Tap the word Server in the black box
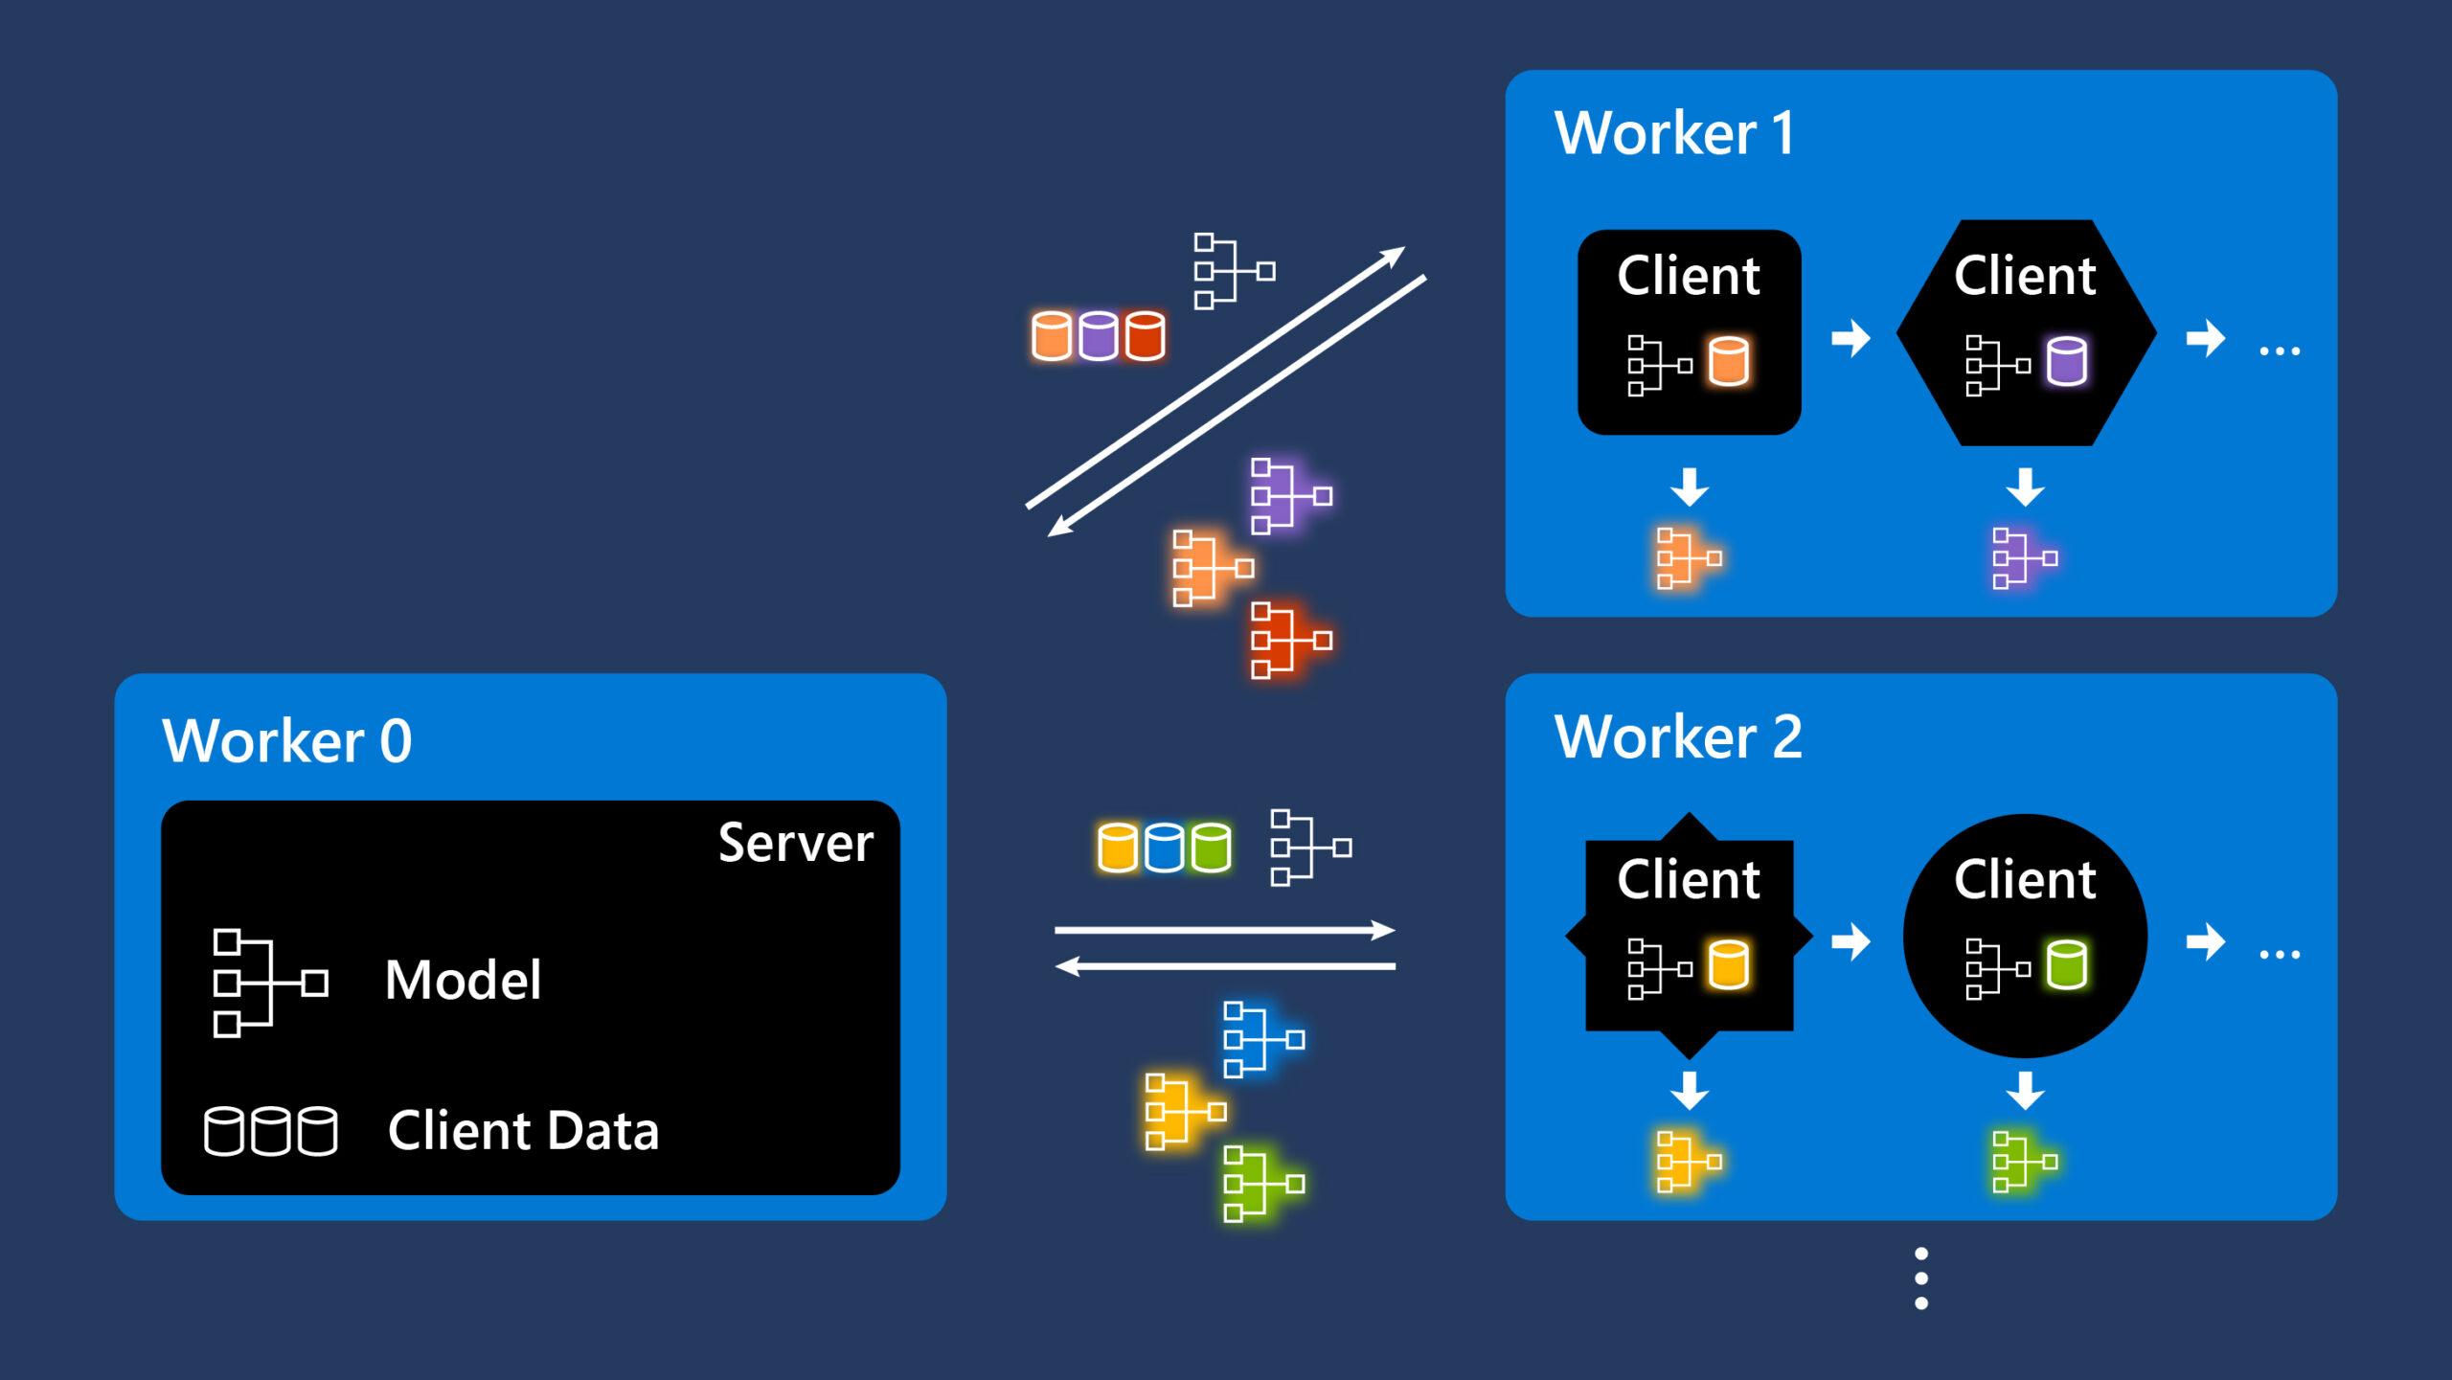click(x=795, y=843)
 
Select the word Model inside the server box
click(x=463, y=980)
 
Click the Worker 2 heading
click(x=1678, y=736)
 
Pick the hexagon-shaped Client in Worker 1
click(x=2025, y=332)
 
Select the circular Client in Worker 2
click(x=2025, y=935)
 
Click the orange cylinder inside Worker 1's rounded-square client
click(x=1729, y=361)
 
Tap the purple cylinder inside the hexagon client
click(x=2066, y=361)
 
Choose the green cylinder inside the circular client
click(x=2066, y=964)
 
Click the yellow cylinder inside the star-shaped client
click(x=1729, y=964)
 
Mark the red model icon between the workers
click(x=1289, y=640)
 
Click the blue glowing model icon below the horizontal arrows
click(x=1262, y=1039)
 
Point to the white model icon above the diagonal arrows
click(x=1233, y=271)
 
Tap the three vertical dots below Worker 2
click(x=1920, y=1278)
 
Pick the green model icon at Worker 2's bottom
click(x=2023, y=1161)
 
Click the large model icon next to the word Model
click(x=269, y=983)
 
